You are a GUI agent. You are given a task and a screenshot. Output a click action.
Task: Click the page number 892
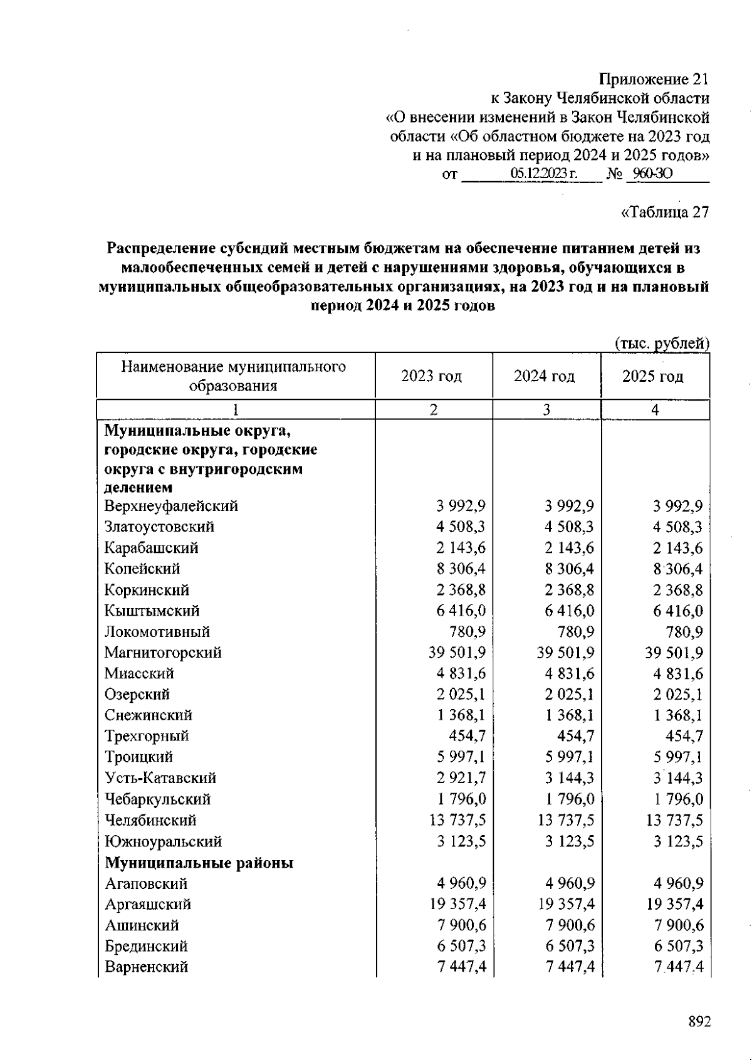[x=699, y=1022]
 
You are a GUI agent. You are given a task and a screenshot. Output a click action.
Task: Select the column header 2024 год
[x=544, y=376]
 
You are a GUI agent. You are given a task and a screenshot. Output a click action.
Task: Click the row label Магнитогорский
[x=163, y=653]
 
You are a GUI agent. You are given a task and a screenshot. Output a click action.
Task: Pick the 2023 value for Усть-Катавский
[x=461, y=778]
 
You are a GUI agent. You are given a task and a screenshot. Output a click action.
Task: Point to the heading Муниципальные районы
[x=199, y=863]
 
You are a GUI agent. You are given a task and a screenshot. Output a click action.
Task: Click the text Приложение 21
[x=654, y=80]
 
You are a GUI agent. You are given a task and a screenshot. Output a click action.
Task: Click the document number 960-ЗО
[x=652, y=174]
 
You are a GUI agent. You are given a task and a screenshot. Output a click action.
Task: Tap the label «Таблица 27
[x=664, y=212]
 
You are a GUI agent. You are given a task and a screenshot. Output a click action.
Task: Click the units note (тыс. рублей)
[x=661, y=343]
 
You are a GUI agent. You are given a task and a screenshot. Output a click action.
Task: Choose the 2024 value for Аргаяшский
[x=566, y=904]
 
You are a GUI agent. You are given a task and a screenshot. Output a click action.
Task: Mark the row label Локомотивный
[x=157, y=632]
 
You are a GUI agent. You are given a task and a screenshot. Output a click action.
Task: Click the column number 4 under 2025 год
[x=655, y=410]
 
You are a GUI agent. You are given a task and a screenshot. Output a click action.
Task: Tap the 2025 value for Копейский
[x=677, y=569]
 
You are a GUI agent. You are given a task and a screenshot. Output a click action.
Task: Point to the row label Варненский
[x=146, y=967]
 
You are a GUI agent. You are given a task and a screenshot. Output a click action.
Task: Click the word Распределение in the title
[x=158, y=248]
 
